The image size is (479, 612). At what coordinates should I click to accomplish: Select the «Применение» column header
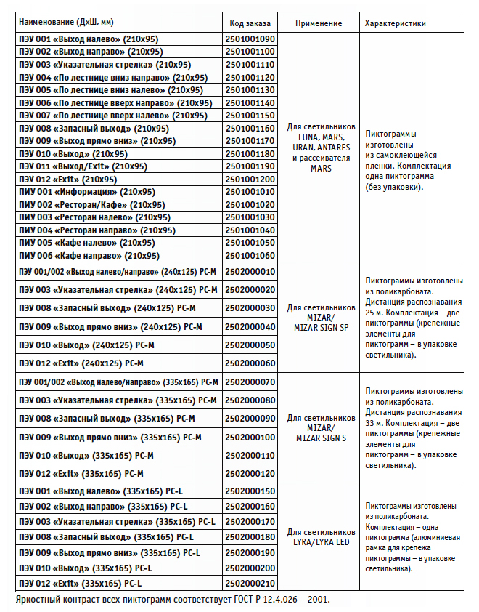[319, 23]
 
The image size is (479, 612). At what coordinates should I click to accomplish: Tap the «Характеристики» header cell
[396, 23]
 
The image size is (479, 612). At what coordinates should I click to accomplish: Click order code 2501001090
[250, 39]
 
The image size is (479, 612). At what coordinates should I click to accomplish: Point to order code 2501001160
[250, 128]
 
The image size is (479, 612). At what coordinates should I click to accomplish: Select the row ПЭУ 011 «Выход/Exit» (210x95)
[83, 166]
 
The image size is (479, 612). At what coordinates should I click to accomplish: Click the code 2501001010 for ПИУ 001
[250, 192]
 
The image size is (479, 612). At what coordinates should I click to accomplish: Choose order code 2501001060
[250, 256]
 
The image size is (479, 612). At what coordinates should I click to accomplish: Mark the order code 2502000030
[250, 308]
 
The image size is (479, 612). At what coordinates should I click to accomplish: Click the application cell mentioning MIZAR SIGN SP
[319, 318]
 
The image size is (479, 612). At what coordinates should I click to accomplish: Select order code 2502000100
[250, 437]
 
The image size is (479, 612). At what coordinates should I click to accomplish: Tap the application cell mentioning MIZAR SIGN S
[319, 428]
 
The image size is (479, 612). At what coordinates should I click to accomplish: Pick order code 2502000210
[250, 583]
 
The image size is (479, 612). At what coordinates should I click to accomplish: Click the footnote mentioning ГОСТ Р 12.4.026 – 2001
[172, 600]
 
